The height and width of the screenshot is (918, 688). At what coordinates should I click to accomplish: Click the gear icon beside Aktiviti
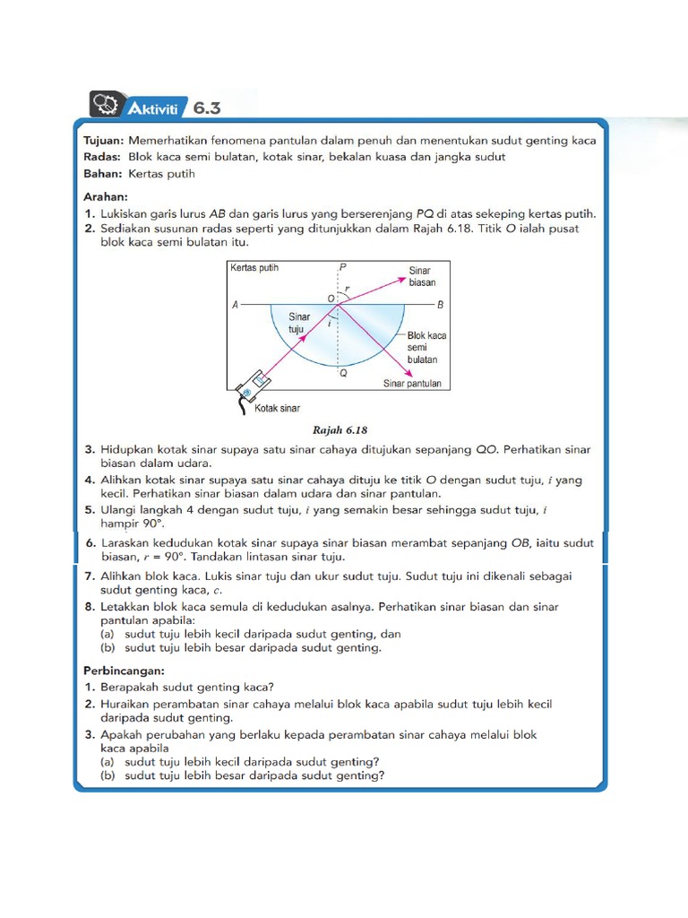(x=105, y=106)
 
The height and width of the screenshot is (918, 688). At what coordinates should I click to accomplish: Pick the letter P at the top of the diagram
(x=341, y=268)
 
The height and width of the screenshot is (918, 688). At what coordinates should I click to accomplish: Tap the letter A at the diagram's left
(x=235, y=305)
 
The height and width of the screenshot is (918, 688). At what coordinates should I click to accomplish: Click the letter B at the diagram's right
(x=441, y=305)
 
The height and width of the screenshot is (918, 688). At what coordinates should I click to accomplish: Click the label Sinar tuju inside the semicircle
(x=297, y=323)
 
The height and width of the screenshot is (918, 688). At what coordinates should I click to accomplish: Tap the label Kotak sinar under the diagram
(x=277, y=408)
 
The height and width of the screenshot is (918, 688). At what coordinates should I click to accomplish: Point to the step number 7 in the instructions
(x=90, y=576)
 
